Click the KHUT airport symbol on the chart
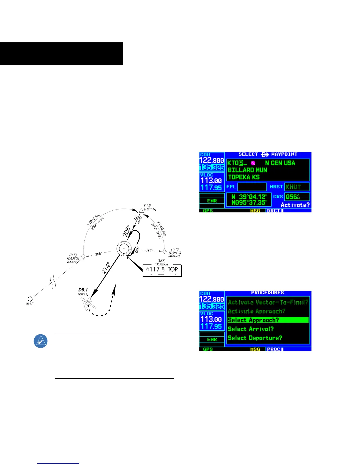(x=30, y=299)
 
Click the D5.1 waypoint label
(x=83, y=290)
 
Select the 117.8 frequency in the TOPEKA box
(x=157, y=269)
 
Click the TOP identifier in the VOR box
(x=173, y=269)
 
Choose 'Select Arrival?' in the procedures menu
(x=251, y=329)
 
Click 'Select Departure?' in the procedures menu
(x=255, y=338)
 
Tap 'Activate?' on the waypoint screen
(x=295, y=205)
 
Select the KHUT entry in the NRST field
(x=296, y=187)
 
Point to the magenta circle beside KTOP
(x=253, y=163)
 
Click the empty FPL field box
(x=252, y=187)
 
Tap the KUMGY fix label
(x=174, y=256)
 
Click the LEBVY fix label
(x=72, y=262)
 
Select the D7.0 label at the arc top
(x=147, y=205)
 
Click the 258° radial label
(x=99, y=254)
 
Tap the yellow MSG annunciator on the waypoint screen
(x=255, y=211)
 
